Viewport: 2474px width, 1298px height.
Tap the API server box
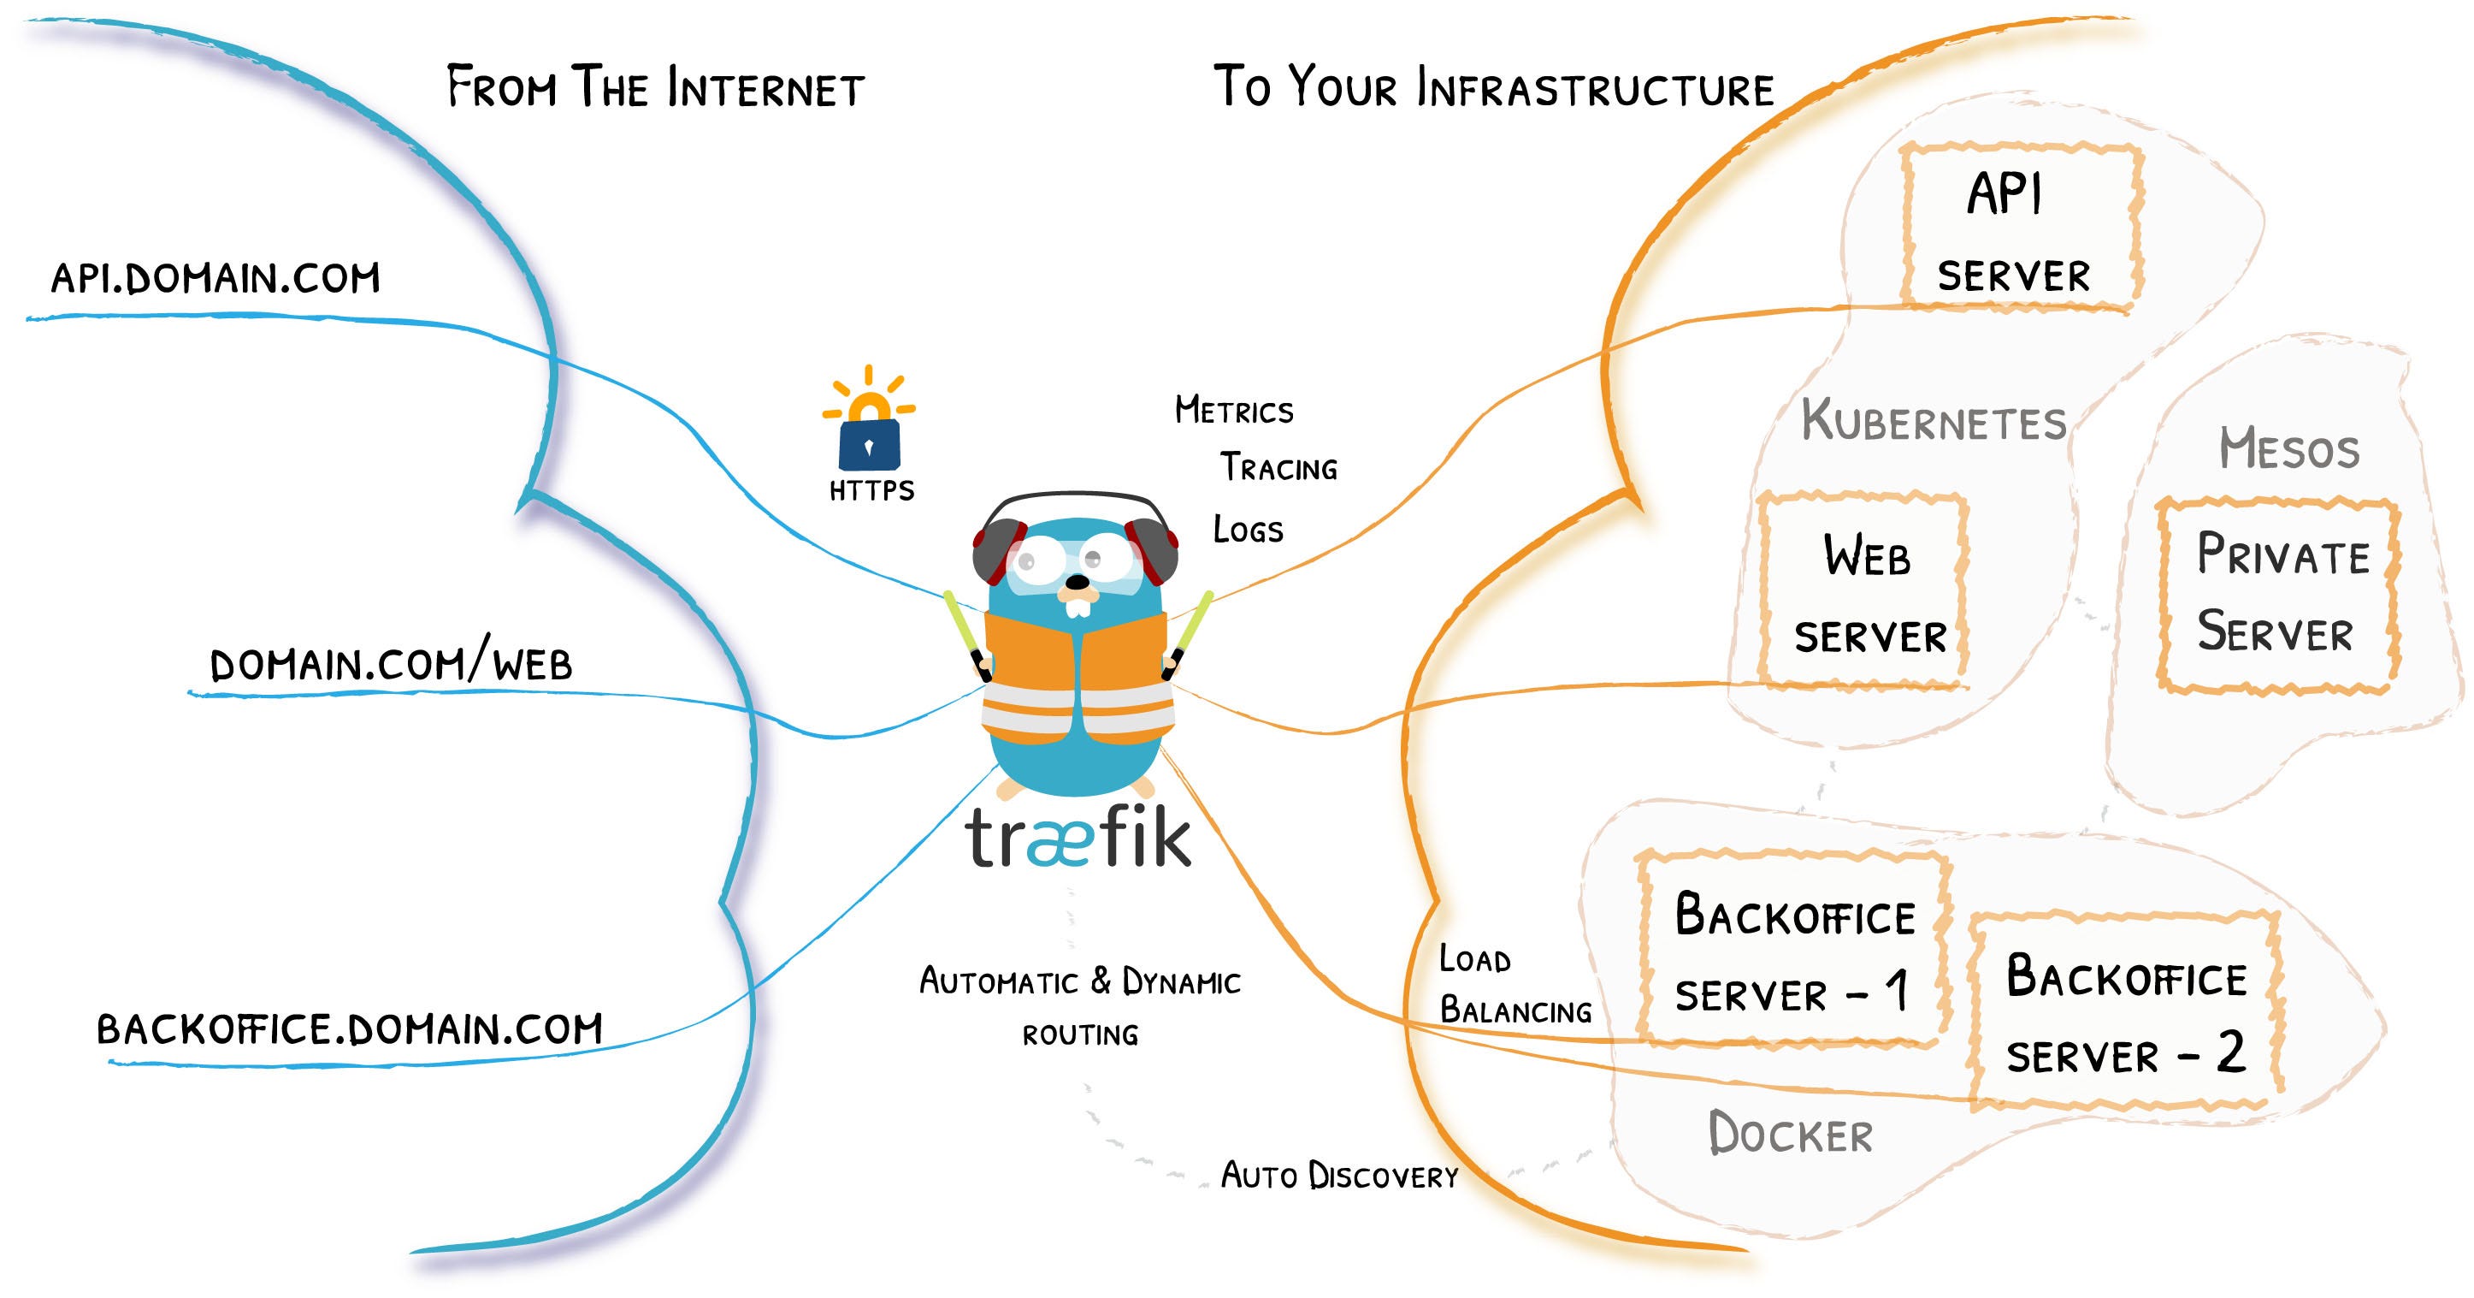(x=2022, y=227)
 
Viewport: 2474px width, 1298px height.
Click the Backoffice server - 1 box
(x=1794, y=949)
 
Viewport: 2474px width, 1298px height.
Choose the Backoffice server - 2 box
(x=2125, y=1011)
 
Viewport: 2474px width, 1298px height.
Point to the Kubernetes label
(x=1934, y=421)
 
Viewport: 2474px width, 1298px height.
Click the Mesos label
(x=2288, y=448)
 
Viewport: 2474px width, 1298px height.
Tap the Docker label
(x=1790, y=1134)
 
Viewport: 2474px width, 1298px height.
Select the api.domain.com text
(x=216, y=279)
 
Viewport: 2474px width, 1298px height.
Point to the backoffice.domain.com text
(x=350, y=1029)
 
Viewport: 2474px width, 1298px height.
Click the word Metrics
(x=1234, y=410)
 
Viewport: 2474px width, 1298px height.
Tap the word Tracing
(x=1279, y=468)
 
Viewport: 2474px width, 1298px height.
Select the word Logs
(x=1248, y=530)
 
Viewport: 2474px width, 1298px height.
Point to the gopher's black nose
(x=1078, y=582)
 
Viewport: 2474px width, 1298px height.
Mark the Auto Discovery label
(x=1340, y=1175)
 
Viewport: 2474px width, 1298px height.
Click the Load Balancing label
(x=1515, y=985)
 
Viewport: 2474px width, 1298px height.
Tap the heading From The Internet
(x=656, y=86)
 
